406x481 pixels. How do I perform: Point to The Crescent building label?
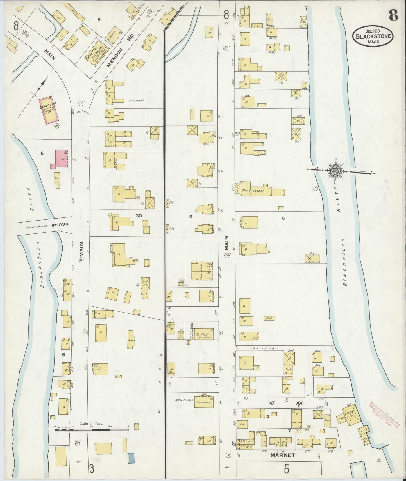pyautogui.click(x=253, y=191)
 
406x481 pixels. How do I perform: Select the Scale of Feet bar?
pyautogui.click(x=91, y=429)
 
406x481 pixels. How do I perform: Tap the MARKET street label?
pyautogui.click(x=283, y=455)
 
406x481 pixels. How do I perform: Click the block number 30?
pyautogui.click(x=139, y=216)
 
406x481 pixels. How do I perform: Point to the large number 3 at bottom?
pyautogui.click(x=92, y=468)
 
